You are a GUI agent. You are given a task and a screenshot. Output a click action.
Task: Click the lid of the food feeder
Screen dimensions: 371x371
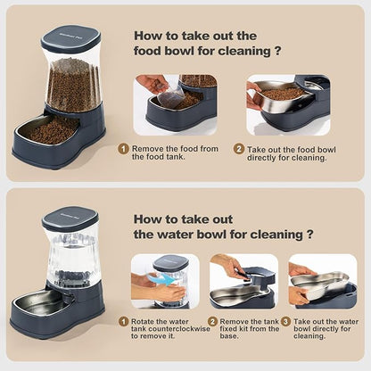(x=70, y=40)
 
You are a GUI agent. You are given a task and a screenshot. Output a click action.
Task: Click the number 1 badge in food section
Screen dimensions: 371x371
(x=124, y=149)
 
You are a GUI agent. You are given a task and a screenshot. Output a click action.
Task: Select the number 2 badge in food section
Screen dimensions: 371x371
(x=239, y=149)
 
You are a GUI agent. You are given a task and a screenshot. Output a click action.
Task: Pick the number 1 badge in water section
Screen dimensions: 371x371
(x=124, y=321)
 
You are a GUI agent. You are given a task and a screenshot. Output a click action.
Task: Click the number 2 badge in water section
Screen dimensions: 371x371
(x=212, y=321)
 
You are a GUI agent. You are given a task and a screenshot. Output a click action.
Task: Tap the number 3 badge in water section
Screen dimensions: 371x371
(x=285, y=321)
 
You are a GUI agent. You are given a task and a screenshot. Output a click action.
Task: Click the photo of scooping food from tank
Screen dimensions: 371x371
(x=176, y=103)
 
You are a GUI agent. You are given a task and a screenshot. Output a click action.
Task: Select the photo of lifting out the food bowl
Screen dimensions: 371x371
(x=287, y=103)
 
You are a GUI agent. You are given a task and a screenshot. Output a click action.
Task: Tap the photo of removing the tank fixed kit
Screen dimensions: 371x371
(x=243, y=281)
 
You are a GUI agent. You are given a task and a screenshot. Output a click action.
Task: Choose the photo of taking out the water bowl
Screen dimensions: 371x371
(x=322, y=281)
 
